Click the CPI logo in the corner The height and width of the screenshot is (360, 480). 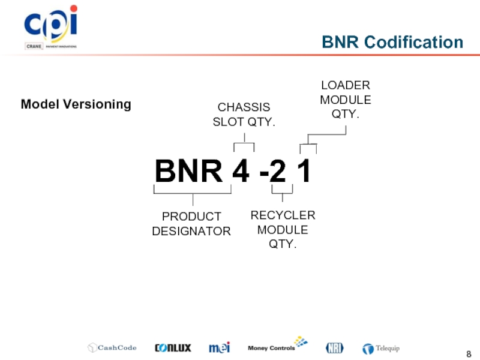pyautogui.click(x=50, y=27)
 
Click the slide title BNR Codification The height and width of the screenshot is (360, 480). pyautogui.click(x=392, y=42)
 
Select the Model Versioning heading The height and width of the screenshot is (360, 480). pyautogui.click(x=76, y=104)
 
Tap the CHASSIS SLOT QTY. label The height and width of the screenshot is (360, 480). pyautogui.click(x=244, y=115)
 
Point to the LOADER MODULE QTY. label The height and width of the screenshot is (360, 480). pyautogui.click(x=346, y=99)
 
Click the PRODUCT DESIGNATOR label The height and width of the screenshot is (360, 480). pyautogui.click(x=191, y=224)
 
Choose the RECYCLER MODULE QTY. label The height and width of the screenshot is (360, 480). pyautogui.click(x=283, y=230)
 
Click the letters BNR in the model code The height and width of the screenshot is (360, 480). pyautogui.click(x=189, y=172)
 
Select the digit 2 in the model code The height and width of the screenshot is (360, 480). pyautogui.click(x=277, y=172)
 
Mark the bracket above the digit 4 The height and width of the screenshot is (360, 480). pyautogui.click(x=244, y=145)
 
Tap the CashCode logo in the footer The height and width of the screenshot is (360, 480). pyautogui.click(x=112, y=347)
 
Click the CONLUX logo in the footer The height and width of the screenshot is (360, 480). pyautogui.click(x=173, y=347)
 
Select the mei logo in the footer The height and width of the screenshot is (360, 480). pyautogui.click(x=219, y=347)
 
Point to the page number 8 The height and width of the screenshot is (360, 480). pyautogui.click(x=469, y=352)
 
